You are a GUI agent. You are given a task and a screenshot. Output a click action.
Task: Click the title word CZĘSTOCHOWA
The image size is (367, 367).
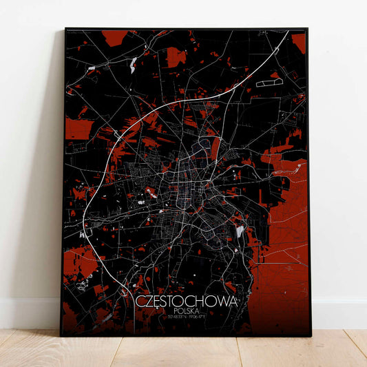click(x=185, y=302)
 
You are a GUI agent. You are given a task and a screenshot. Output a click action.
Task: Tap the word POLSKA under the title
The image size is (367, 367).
click(x=185, y=312)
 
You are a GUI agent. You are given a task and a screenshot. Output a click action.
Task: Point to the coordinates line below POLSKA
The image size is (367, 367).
click(x=185, y=318)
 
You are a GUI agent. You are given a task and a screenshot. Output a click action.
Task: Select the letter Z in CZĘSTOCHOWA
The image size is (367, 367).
click(x=147, y=302)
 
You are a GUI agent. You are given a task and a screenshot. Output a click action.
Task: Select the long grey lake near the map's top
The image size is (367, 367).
click(x=132, y=65)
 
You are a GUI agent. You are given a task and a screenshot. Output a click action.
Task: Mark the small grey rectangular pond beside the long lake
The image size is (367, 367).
click(x=92, y=67)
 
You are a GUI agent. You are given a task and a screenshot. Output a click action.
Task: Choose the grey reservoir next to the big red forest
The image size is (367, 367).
click(x=240, y=233)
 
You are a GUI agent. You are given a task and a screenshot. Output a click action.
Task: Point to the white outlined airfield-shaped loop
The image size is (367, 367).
click(x=266, y=83)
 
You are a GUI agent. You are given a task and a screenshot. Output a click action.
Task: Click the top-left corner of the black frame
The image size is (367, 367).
click(x=66, y=29)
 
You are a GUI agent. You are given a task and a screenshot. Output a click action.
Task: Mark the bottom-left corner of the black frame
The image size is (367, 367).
click(x=61, y=335)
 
